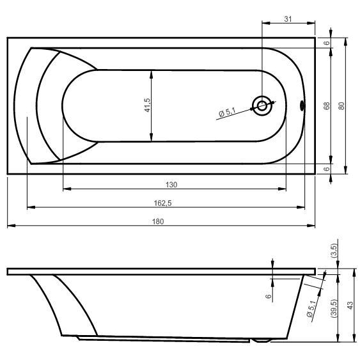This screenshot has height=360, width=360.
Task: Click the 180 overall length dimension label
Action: click(158, 221)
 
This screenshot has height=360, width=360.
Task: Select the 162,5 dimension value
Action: click(163, 203)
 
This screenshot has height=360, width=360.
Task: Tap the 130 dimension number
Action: click(171, 185)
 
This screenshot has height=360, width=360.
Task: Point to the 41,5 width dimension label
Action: click(148, 105)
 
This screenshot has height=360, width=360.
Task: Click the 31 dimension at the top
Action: click(288, 19)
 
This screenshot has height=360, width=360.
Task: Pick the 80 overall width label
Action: click(341, 106)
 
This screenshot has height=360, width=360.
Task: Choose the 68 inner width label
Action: click(327, 106)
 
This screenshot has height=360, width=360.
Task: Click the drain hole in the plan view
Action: click(262, 106)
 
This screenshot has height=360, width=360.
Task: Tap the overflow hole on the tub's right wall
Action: click(302, 106)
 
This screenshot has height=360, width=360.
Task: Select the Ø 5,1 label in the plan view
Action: click(227, 113)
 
